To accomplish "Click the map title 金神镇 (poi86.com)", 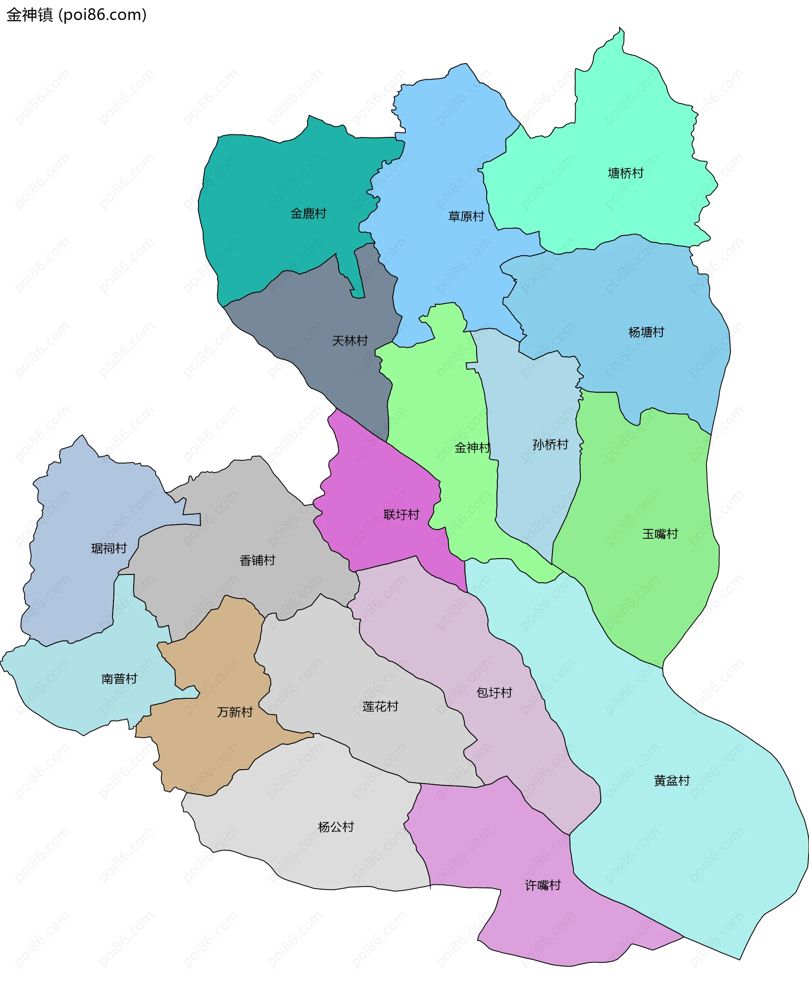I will (x=76, y=15).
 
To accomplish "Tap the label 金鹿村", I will (x=308, y=214).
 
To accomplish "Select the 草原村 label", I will (x=466, y=216).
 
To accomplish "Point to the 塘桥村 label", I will (x=625, y=173).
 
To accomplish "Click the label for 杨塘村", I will (x=646, y=332).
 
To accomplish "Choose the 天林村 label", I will (x=349, y=340).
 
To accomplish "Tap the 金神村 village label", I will (x=472, y=448).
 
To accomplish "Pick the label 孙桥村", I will (x=550, y=444).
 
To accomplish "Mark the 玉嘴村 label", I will (x=660, y=534).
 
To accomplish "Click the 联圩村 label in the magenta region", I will (x=401, y=514).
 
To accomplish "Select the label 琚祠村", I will (x=109, y=548).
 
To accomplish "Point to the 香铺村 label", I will (x=257, y=560).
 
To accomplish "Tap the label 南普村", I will (x=119, y=679).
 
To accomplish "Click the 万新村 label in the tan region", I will (x=234, y=712).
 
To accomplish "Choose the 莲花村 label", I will (x=380, y=707).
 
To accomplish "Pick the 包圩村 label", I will (x=494, y=692).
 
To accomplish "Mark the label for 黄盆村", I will (x=672, y=780).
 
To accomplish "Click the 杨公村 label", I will (x=335, y=827).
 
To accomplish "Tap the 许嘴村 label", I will (x=542, y=885).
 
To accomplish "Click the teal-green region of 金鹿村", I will (x=261, y=186).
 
